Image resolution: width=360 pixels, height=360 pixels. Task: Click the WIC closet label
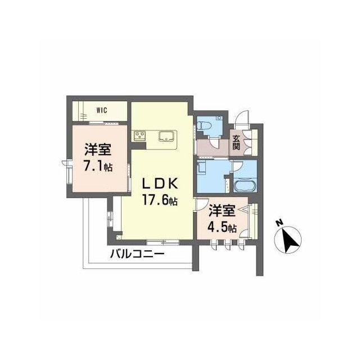(102, 110)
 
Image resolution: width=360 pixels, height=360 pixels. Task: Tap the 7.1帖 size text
(98, 166)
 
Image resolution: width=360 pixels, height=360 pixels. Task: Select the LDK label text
(160, 184)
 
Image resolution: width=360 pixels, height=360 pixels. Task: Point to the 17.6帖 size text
(160, 200)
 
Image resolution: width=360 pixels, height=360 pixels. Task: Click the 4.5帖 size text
(222, 227)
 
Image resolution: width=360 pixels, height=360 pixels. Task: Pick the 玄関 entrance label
(236, 142)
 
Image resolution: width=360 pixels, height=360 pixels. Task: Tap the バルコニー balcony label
(137, 254)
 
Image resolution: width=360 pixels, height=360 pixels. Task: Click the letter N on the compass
(279, 223)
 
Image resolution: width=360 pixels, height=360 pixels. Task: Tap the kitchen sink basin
(166, 136)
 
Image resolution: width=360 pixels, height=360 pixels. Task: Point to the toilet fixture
(204, 125)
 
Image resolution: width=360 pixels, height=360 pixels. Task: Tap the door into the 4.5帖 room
(201, 204)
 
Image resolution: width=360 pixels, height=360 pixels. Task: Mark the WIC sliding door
(104, 123)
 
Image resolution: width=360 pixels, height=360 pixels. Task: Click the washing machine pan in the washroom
(201, 166)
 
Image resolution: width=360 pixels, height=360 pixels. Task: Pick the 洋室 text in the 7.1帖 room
(97, 150)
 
